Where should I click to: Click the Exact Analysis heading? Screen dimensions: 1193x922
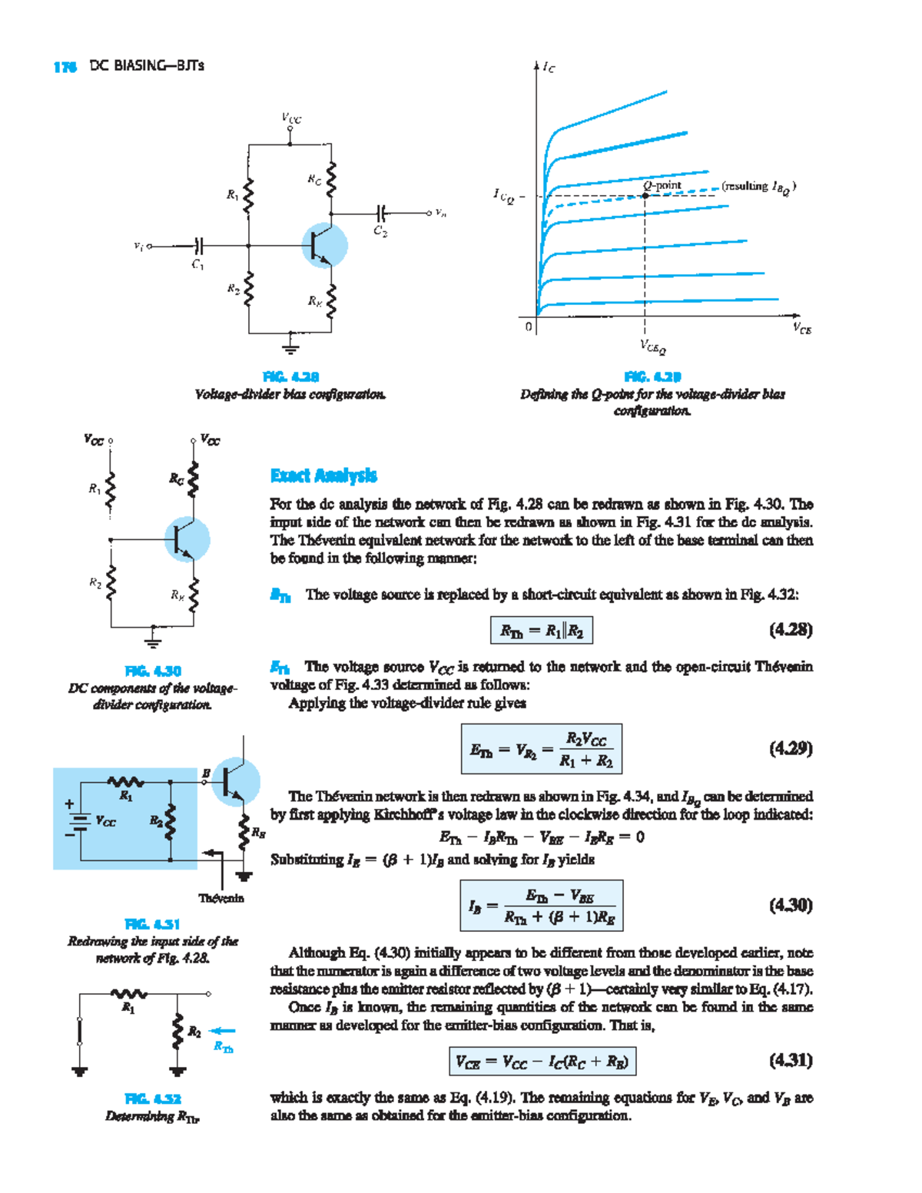pos(323,476)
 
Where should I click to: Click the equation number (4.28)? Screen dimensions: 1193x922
pos(790,630)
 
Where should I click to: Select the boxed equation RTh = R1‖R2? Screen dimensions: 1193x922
pos(542,631)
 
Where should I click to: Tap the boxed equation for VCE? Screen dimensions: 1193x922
pos(542,1062)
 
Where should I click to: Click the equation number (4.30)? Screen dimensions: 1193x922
pos(790,905)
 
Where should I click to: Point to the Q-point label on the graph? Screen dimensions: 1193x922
pos(662,185)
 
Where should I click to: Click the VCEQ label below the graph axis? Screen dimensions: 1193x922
pos(652,348)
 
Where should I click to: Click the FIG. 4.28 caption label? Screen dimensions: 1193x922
pos(290,376)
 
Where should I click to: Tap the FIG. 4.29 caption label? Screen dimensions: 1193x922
pos(652,376)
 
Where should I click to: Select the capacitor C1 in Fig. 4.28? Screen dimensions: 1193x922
pos(198,247)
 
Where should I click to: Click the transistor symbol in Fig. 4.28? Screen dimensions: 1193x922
pos(323,246)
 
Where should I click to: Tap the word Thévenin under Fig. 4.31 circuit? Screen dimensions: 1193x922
pos(221,898)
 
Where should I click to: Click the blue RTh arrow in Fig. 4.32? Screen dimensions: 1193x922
pos(223,1032)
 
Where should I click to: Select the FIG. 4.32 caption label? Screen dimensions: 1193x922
pos(152,1099)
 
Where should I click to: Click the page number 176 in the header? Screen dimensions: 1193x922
pos(65,67)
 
